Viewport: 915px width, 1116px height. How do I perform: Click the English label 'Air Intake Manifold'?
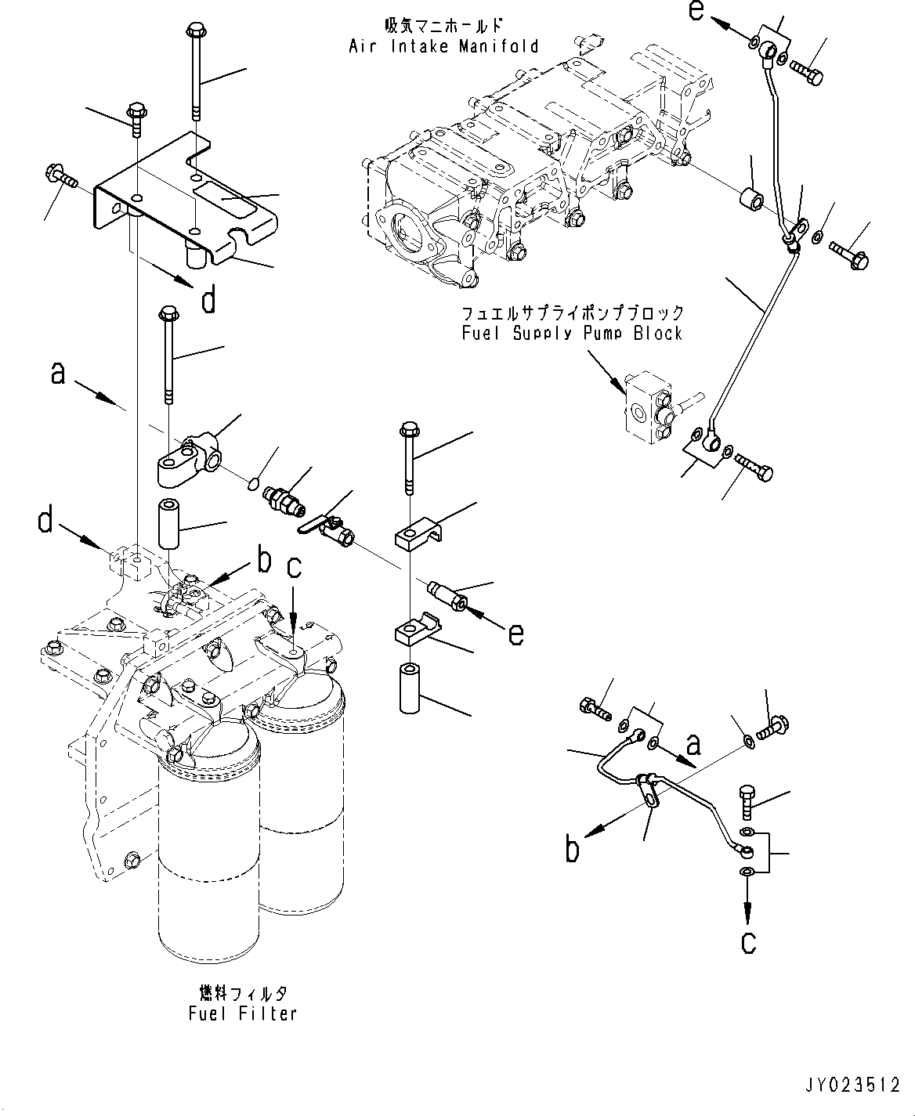tap(443, 46)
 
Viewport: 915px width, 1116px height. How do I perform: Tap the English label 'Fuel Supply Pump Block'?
tap(572, 334)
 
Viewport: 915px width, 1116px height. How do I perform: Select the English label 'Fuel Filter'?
tap(243, 1013)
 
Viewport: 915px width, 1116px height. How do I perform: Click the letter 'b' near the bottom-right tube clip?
tap(573, 849)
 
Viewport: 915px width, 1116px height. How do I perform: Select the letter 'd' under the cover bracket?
tap(208, 300)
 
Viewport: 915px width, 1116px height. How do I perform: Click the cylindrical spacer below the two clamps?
tap(410, 688)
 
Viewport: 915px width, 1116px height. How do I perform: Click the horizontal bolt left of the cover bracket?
tap(62, 176)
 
